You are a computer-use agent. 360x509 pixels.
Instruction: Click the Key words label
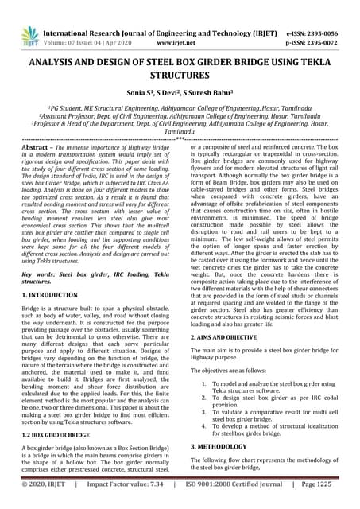click(42, 272)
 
